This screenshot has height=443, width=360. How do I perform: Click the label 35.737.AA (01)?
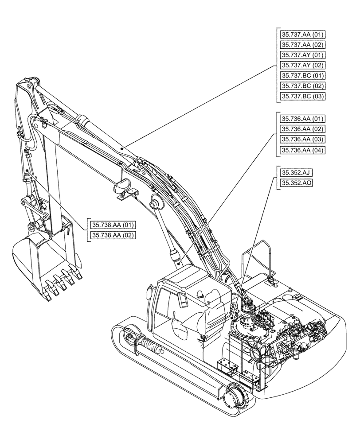[x=302, y=35]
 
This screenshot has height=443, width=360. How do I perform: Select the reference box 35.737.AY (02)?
[x=302, y=66]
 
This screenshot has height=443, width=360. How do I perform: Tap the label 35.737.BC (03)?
[x=302, y=96]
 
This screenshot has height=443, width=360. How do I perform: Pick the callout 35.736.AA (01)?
[x=302, y=119]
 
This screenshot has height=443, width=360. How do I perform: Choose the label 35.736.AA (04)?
[x=302, y=150]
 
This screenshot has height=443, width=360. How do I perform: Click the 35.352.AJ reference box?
[x=294, y=173]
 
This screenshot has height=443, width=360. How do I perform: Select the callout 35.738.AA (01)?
[x=113, y=225]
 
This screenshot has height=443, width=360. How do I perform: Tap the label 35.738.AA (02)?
[x=113, y=235]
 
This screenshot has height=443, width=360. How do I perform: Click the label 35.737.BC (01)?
[x=302, y=76]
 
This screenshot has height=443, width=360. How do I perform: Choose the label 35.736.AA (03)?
[x=302, y=140]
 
